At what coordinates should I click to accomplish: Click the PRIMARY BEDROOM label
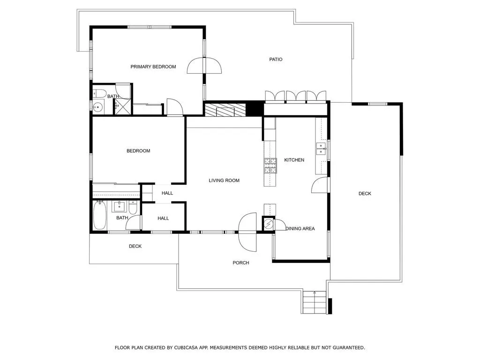tap(153, 67)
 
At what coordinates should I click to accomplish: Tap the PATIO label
tap(276, 60)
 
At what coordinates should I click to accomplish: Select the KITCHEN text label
tap(294, 160)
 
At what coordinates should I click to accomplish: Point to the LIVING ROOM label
tap(224, 180)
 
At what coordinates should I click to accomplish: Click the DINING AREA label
tap(300, 228)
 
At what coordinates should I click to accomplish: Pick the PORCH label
tap(241, 262)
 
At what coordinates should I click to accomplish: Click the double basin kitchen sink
tap(321, 149)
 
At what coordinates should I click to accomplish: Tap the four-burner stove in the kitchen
tap(270, 166)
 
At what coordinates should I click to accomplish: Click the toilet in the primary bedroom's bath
tap(99, 93)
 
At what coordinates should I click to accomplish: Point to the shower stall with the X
tap(122, 106)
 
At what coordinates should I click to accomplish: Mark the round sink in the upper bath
tap(97, 107)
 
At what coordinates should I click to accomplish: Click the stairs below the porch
tap(315, 302)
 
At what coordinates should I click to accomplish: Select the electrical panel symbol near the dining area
tap(268, 224)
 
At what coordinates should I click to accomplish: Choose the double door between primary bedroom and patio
tap(204, 65)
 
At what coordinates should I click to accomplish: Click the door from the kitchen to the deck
tap(320, 185)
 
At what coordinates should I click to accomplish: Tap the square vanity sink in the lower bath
tap(119, 207)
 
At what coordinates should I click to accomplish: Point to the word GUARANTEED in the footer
tap(349, 348)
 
